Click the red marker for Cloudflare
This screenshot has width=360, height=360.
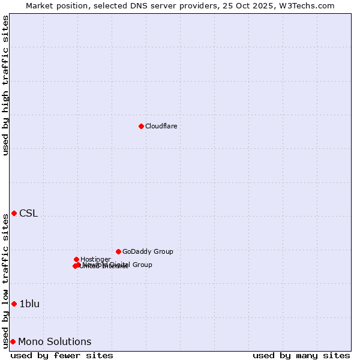(141, 126)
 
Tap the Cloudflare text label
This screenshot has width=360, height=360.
(161, 126)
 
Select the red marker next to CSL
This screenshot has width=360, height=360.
(14, 213)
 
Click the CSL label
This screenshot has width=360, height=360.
(28, 214)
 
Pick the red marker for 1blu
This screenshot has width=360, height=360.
(14, 304)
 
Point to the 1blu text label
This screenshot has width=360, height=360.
(29, 304)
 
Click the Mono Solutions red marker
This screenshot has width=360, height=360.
(13, 341)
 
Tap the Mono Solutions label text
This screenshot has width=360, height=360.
(55, 342)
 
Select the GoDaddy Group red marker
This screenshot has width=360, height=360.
(118, 251)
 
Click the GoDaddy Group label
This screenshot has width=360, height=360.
(148, 251)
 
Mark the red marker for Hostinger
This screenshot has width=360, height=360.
(76, 259)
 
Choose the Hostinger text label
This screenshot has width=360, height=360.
(95, 259)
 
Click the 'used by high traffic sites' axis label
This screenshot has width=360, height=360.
(6, 85)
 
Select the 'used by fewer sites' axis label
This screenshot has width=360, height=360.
(62, 355)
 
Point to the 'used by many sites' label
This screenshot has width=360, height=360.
(301, 355)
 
